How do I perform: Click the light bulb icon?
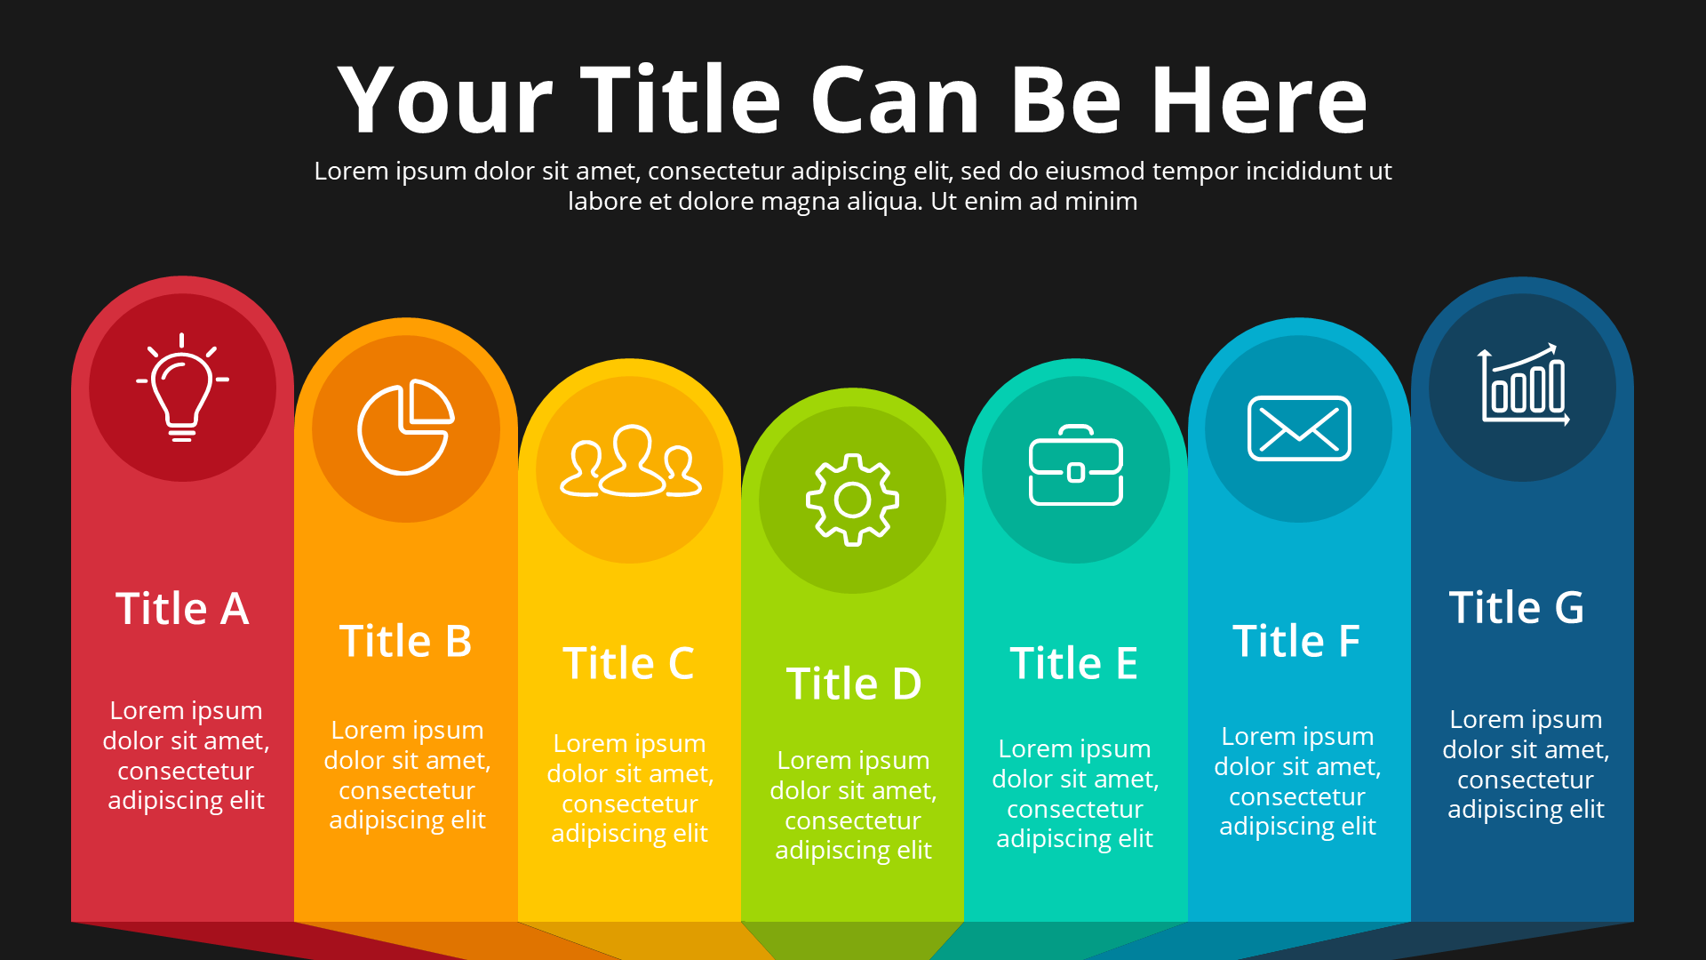coord(182,388)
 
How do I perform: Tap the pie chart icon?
coord(406,428)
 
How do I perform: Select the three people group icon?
coord(630,461)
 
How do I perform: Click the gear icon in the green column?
coord(852,500)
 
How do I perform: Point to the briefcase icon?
coord(1076,465)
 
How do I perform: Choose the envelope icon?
coord(1299,428)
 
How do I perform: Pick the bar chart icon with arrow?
coord(1523,385)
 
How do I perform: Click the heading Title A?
coord(182,609)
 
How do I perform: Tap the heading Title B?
coord(405,641)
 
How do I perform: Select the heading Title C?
coord(628,663)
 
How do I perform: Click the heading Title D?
coord(854,684)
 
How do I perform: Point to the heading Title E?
coord(1073,663)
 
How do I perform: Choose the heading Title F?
coord(1296,641)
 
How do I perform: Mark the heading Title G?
coord(1517,608)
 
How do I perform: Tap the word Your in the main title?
coord(445,100)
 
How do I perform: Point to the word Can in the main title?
coord(896,100)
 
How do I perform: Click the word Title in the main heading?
coord(681,100)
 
